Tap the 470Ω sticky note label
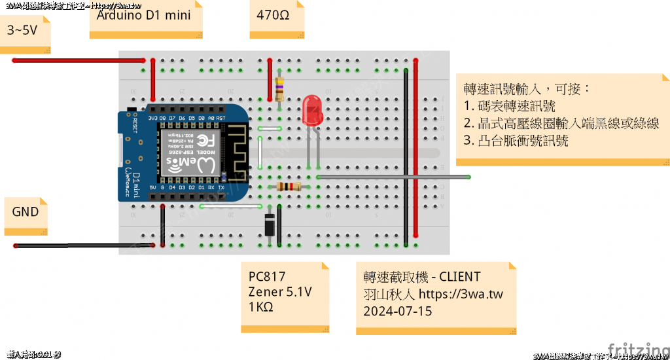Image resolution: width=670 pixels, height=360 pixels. [269, 14]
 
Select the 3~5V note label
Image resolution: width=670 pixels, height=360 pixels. [22, 29]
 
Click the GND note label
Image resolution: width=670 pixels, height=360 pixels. [26, 211]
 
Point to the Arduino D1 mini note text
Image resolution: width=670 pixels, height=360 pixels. [144, 14]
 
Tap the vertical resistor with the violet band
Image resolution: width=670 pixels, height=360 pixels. [279, 88]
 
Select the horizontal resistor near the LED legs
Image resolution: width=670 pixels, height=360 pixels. [289, 187]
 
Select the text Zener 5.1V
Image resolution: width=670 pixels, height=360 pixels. [280, 291]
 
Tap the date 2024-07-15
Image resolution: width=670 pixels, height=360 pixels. [398, 310]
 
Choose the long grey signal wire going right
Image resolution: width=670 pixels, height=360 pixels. [393, 177]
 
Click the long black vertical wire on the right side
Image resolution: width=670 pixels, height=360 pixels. [406, 157]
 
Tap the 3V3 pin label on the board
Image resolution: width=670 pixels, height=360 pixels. [153, 118]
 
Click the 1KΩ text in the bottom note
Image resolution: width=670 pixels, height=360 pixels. [261, 306]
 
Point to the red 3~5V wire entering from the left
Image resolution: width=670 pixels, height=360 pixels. [79, 61]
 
